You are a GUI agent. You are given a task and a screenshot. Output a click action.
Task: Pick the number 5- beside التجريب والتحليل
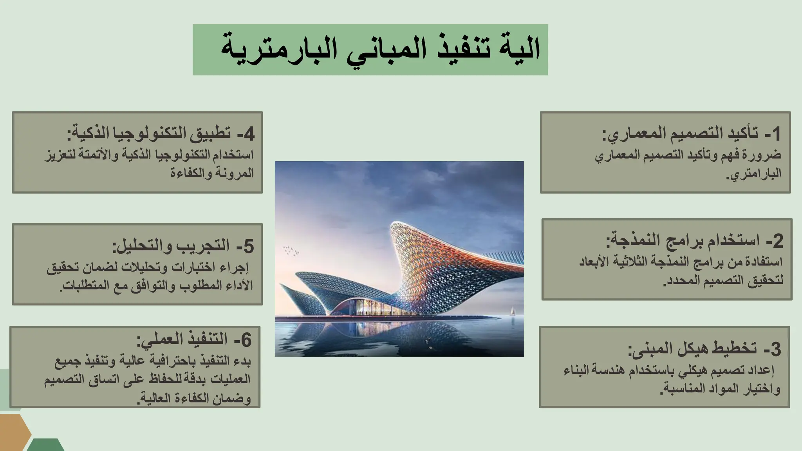pyautogui.click(x=246, y=246)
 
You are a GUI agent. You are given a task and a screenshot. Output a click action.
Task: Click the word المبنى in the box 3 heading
pyautogui.click(x=647, y=348)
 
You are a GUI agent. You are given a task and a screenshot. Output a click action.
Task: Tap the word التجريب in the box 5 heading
pyautogui.click(x=204, y=246)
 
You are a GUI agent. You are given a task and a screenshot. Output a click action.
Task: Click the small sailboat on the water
pyautogui.click(x=511, y=312)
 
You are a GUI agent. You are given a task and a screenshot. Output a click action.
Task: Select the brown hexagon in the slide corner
pyautogui.click(x=14, y=432)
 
